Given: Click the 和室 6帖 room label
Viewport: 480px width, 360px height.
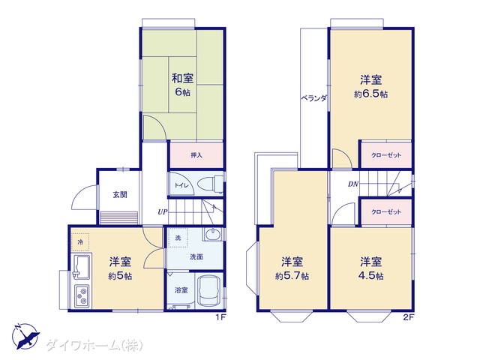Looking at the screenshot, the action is tap(182, 85).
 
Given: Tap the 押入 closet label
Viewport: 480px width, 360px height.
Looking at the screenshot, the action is tap(196, 155).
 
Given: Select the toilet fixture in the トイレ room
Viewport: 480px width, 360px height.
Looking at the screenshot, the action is tap(211, 184).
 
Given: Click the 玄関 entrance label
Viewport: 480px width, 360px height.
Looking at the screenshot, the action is tap(120, 194).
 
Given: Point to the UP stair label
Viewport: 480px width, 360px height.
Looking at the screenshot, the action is tap(163, 211).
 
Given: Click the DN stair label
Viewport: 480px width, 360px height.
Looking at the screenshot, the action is tap(353, 184).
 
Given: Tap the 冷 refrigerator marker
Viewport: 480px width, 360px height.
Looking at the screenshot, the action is tap(80, 242).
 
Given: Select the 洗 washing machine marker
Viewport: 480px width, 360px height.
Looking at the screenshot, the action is tap(178, 238).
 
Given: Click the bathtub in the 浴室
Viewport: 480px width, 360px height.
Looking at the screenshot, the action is tap(208, 291).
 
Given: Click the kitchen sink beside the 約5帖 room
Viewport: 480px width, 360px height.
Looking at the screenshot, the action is tap(81, 266).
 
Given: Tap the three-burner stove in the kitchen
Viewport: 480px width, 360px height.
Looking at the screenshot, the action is tap(82, 296).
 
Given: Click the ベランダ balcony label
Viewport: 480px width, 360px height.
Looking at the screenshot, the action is tap(313, 98).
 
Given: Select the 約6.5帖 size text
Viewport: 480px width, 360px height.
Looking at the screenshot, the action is tap(370, 94).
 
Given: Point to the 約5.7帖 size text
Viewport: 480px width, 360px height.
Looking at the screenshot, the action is tap(292, 276).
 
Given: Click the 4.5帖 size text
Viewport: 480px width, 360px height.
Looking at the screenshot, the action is tap(370, 276).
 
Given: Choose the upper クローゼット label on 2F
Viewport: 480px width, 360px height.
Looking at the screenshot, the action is tap(386, 155).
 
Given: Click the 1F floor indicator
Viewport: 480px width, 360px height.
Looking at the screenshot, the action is tap(220, 317).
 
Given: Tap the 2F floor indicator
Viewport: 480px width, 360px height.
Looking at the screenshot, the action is tap(408, 317).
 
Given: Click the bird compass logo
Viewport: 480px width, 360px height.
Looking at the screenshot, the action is tap(25, 336).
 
